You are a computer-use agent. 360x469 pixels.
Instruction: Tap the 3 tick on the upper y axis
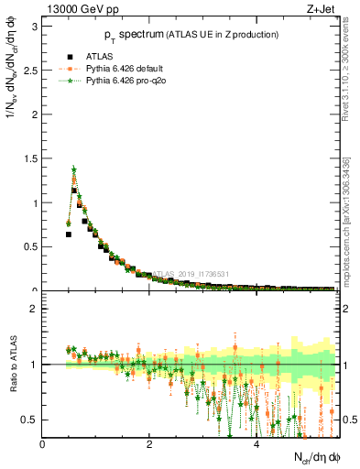[35, 27]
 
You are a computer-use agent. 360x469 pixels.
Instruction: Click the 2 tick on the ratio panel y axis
[35, 309]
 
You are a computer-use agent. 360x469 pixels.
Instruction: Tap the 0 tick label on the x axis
[42, 445]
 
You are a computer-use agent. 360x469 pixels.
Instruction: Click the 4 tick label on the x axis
[256, 445]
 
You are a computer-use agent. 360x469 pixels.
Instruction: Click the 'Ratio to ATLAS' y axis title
[12, 378]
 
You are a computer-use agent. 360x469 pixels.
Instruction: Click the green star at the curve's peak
[73, 169]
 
